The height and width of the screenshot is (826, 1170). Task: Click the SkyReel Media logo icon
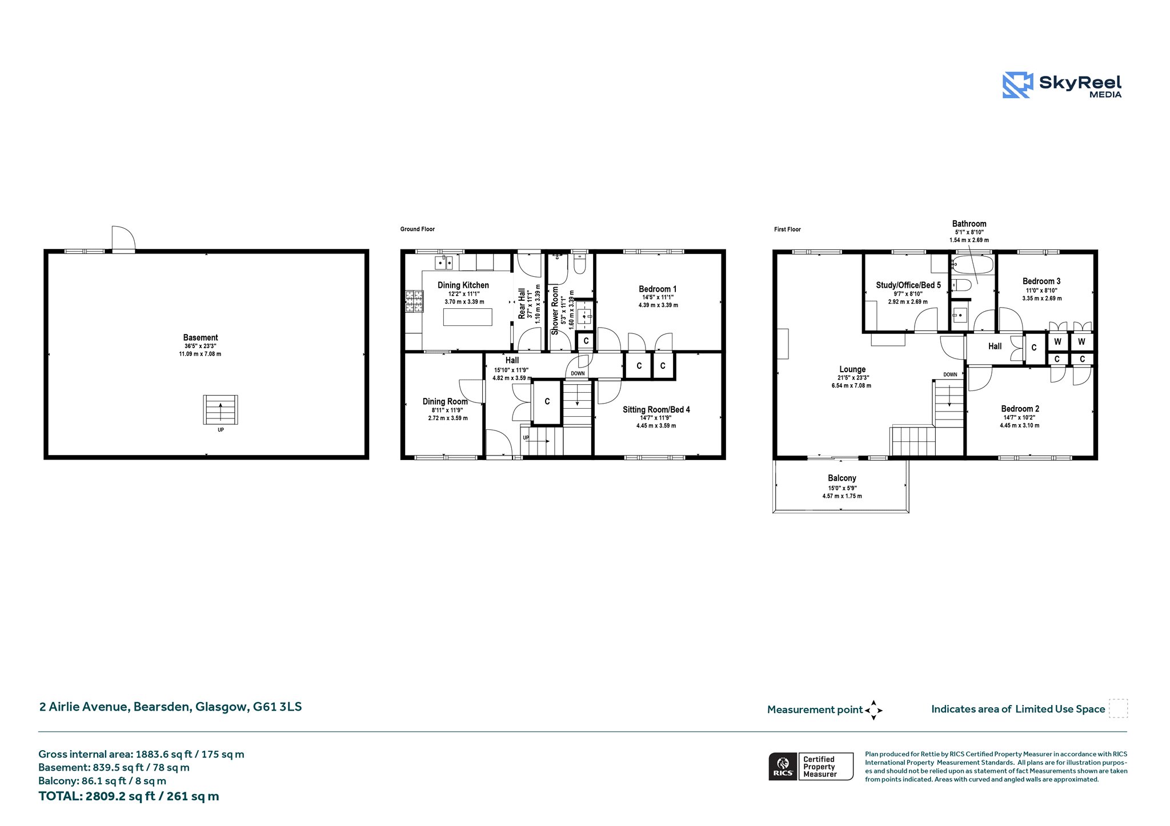pyautogui.click(x=1017, y=85)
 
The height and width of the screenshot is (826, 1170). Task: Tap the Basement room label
pyautogui.click(x=201, y=337)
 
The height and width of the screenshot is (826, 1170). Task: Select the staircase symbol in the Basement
pyautogui.click(x=221, y=409)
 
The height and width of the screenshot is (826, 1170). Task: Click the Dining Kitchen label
pyautogui.click(x=463, y=285)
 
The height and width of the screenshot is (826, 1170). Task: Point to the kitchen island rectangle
pyautogui.click(x=467, y=317)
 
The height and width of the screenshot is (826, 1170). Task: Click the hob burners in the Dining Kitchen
pyautogui.click(x=415, y=302)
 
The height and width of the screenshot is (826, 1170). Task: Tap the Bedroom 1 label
pyautogui.click(x=658, y=289)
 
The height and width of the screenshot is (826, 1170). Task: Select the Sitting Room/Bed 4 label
pyautogui.click(x=656, y=409)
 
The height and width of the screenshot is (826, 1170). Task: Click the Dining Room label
pyautogui.click(x=445, y=401)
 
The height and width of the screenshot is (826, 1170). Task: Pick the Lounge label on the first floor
pyautogui.click(x=852, y=369)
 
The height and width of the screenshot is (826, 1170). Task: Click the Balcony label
pyautogui.click(x=842, y=478)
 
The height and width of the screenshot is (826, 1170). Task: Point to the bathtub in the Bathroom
pyautogui.click(x=972, y=265)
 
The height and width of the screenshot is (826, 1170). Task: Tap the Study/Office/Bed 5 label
pyautogui.click(x=908, y=285)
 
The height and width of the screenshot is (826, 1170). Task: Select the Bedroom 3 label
pyautogui.click(x=1041, y=281)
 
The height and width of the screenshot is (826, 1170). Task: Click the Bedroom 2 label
pyautogui.click(x=1020, y=409)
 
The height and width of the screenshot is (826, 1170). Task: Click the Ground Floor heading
pyautogui.click(x=418, y=229)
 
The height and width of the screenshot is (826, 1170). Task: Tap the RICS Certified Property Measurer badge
pyautogui.click(x=811, y=766)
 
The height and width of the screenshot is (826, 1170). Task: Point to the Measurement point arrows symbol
pyautogui.click(x=874, y=710)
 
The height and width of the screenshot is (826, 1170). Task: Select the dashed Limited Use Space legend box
pyautogui.click(x=1118, y=708)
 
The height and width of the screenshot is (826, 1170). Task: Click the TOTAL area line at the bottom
pyautogui.click(x=129, y=796)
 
